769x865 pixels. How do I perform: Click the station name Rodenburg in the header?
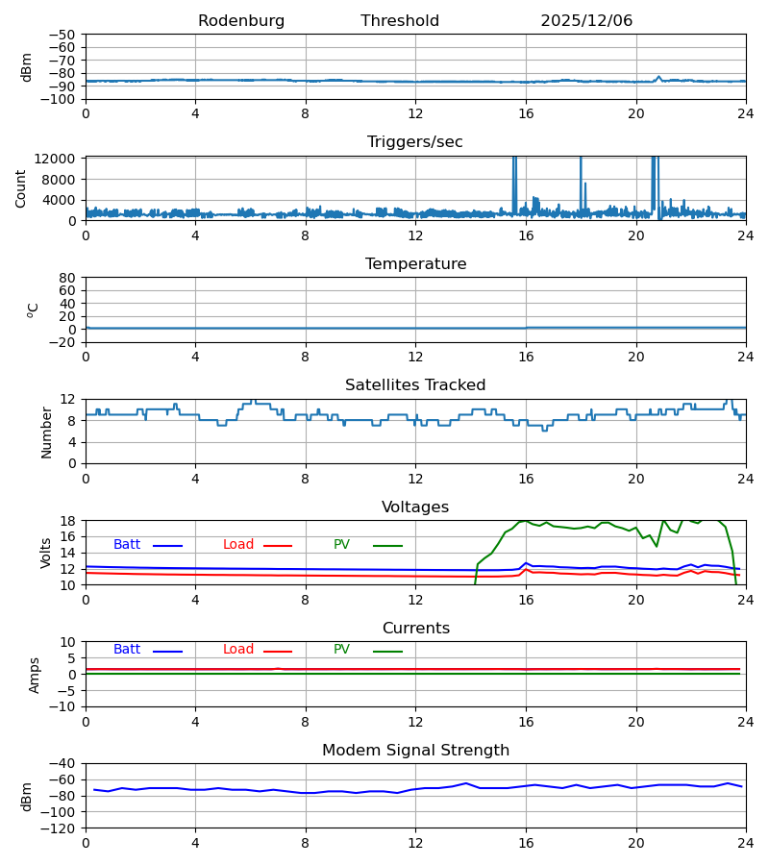tap(241, 21)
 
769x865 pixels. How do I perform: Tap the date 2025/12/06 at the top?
tap(586, 21)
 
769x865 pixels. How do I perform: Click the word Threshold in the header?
tap(400, 21)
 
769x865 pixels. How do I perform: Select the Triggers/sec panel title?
tap(415, 142)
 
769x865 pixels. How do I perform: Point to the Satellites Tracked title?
tap(415, 385)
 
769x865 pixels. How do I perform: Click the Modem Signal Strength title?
tap(415, 751)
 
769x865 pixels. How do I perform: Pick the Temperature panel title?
tap(415, 264)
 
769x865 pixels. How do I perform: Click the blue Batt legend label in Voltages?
tap(127, 545)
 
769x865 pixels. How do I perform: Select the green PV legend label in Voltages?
tap(341, 545)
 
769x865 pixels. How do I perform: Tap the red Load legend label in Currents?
tap(238, 650)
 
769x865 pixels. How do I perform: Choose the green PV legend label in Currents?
tap(341, 650)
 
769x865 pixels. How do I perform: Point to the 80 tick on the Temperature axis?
tap(68, 278)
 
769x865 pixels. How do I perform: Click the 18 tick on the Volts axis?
tap(68, 521)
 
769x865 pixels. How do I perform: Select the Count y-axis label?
tap(21, 188)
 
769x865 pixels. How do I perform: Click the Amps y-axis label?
tap(35, 675)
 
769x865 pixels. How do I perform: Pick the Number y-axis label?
tap(46, 432)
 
